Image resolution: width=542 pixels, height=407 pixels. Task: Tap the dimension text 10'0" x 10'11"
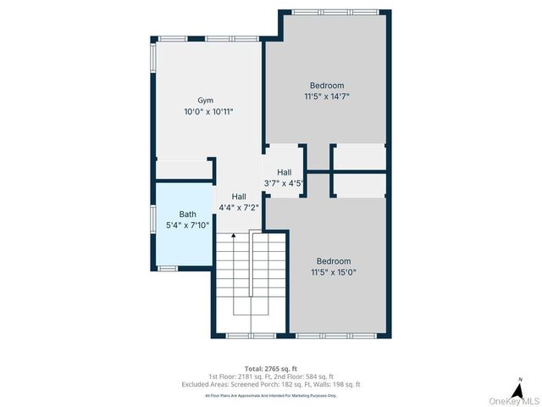[207, 111]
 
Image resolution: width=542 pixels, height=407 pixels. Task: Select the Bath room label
[187, 214]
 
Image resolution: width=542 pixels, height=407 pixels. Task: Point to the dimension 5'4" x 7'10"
[187, 225]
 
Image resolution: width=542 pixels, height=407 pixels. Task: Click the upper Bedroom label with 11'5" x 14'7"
[327, 85]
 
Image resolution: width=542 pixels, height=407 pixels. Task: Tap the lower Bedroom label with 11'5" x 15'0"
[334, 261]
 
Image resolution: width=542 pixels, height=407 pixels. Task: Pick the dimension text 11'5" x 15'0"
[334, 272]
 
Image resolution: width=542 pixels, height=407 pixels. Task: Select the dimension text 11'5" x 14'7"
[327, 97]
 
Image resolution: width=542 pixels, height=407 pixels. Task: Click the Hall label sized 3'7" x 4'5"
[284, 172]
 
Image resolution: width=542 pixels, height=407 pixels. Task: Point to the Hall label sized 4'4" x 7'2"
[239, 196]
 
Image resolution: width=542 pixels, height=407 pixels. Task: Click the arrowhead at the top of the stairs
[233, 237]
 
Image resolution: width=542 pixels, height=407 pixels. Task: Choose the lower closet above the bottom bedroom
[358, 185]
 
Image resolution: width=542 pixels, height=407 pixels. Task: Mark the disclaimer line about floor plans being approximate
[271, 395]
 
